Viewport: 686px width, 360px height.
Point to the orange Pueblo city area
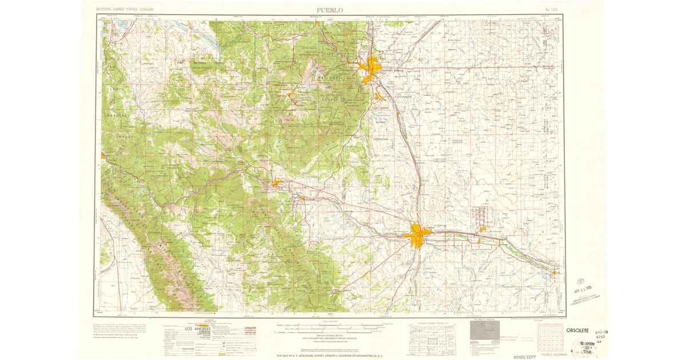[418, 235]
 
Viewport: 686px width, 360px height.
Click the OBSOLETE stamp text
[577, 330]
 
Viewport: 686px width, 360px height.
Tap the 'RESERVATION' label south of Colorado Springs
[381, 139]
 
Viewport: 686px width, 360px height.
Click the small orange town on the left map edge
[103, 155]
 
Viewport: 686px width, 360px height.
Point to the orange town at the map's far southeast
[554, 273]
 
